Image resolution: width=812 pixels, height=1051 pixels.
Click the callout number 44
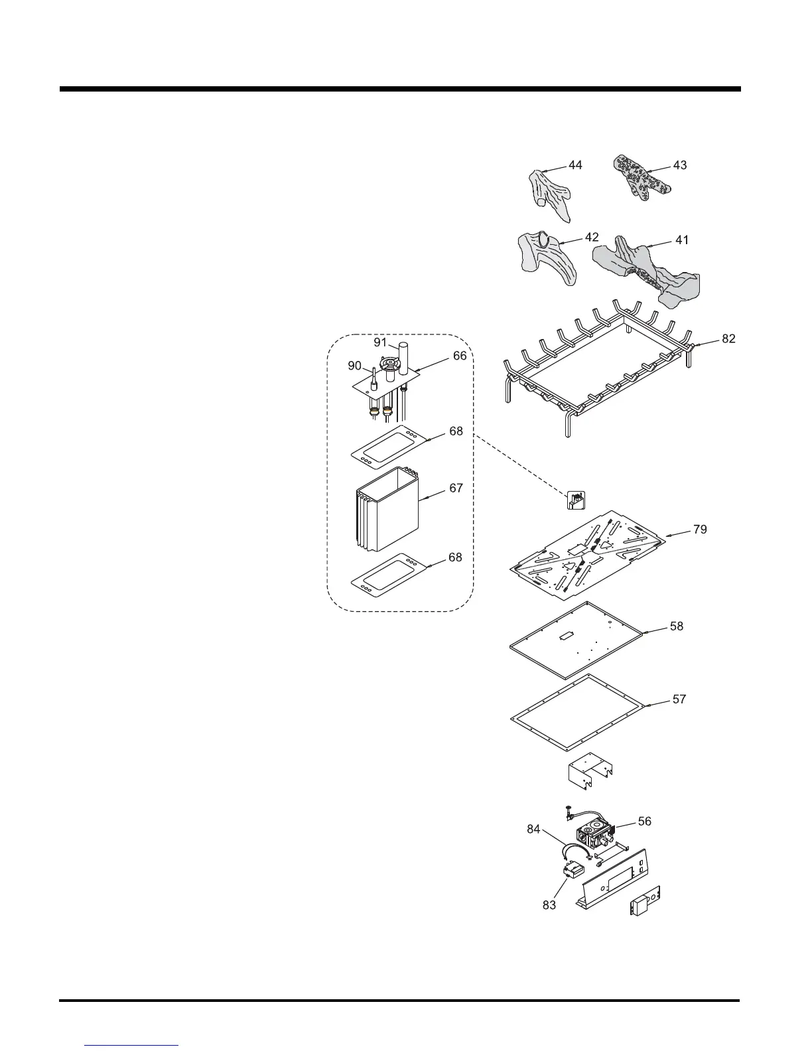(x=575, y=165)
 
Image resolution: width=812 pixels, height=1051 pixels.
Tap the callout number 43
(x=679, y=165)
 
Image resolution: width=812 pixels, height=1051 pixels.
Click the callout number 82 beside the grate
(x=728, y=339)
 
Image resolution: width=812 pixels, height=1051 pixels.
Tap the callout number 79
(x=699, y=529)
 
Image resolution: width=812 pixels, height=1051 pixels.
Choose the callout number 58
(x=676, y=626)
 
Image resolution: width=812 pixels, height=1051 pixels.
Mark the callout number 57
(x=679, y=699)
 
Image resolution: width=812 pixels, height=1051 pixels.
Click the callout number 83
(x=549, y=904)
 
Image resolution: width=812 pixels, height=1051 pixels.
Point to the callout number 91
(x=380, y=342)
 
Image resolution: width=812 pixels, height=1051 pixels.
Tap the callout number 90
(x=355, y=366)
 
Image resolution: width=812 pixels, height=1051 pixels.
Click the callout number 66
(x=460, y=356)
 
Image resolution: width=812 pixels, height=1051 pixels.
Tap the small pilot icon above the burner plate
(x=576, y=500)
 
